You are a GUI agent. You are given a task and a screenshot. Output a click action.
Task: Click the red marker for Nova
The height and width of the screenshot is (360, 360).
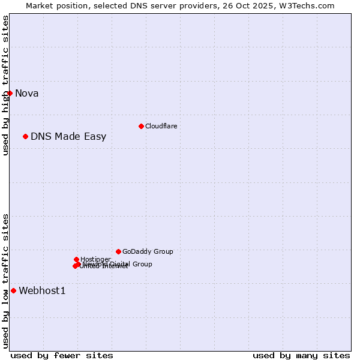coord(10,93)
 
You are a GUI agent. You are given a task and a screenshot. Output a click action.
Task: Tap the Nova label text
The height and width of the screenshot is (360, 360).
coord(26,93)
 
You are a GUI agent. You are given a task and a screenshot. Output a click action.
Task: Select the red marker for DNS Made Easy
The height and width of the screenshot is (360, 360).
coord(25,136)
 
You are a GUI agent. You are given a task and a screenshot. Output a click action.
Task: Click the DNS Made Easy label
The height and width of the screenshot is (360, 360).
coord(68,136)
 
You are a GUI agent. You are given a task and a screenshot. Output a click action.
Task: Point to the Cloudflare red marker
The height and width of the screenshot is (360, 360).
coord(141,126)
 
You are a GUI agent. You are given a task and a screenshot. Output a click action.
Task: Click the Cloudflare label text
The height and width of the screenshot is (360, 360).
coord(161,126)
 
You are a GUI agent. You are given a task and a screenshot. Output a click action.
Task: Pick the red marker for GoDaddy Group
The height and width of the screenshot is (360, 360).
coord(118,251)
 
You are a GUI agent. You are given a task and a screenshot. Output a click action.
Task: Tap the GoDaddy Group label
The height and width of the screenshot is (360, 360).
coord(148,251)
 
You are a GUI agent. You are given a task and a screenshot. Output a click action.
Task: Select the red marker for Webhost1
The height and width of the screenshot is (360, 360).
coord(13,290)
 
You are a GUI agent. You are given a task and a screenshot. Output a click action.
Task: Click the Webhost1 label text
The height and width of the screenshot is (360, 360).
coord(42,291)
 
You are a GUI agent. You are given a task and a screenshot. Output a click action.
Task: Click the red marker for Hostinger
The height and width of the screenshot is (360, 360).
coord(76,259)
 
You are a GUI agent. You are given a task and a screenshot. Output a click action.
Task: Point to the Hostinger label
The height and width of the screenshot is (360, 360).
coord(95,259)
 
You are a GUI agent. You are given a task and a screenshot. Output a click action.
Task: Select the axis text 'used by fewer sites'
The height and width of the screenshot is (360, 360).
coord(62,355)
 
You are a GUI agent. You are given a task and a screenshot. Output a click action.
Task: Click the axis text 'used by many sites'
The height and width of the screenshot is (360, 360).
coord(301,355)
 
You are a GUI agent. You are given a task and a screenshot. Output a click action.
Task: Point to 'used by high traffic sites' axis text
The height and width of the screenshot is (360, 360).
coord(5,85)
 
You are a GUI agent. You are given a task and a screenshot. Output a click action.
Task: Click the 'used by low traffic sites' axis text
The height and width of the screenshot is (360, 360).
coord(5,281)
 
